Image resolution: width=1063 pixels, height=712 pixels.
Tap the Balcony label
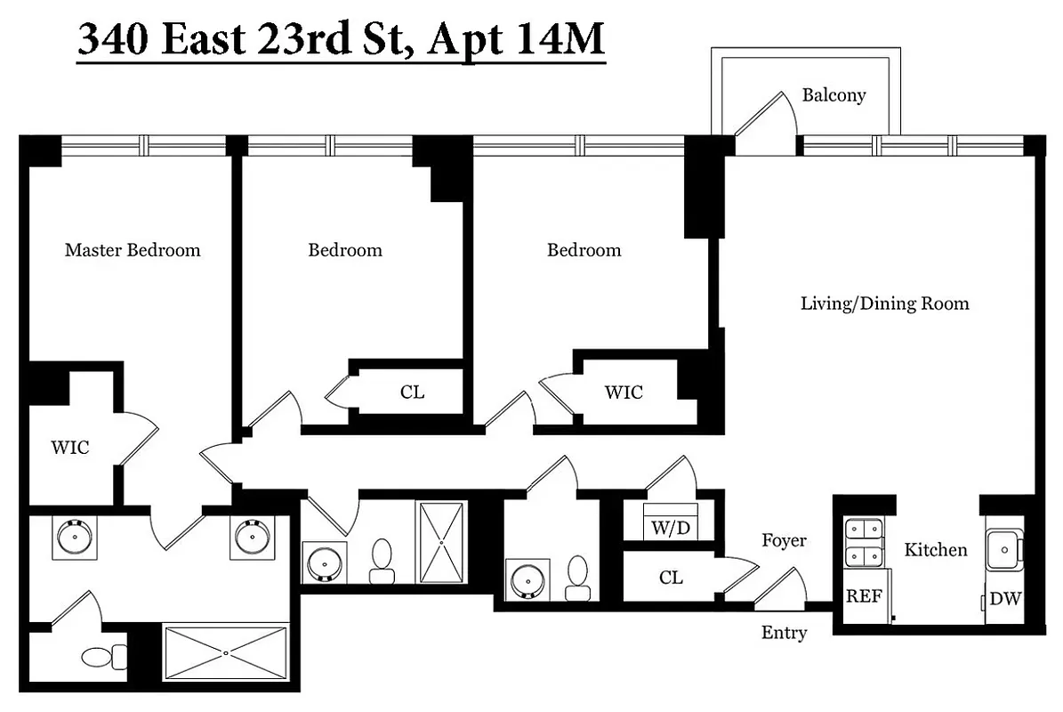pyautogui.click(x=833, y=95)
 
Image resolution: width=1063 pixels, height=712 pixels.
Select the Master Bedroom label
pyautogui.click(x=133, y=250)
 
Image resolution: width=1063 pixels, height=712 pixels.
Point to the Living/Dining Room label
pyautogui.click(x=884, y=303)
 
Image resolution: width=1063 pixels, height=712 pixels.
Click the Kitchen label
pyautogui.click(x=935, y=550)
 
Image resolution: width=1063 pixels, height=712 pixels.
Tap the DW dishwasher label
pyautogui.click(x=1005, y=599)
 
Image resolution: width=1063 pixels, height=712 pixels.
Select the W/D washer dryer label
pyautogui.click(x=670, y=529)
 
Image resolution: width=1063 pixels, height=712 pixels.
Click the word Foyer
pyautogui.click(x=784, y=540)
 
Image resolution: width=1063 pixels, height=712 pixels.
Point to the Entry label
pyautogui.click(x=784, y=633)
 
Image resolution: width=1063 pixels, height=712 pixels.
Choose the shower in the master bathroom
pyautogui.click(x=226, y=653)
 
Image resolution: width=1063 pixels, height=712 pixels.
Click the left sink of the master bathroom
pyautogui.click(x=73, y=537)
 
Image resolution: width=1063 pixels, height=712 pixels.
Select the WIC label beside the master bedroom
pyautogui.click(x=69, y=448)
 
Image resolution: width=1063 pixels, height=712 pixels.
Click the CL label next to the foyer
pyautogui.click(x=671, y=578)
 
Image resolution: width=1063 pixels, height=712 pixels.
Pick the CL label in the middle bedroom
pyautogui.click(x=412, y=392)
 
